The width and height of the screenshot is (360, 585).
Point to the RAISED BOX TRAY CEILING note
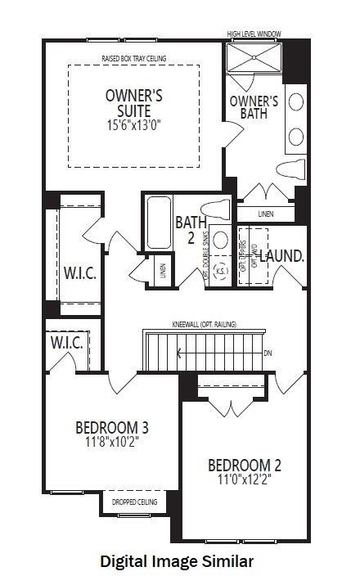pos(133,59)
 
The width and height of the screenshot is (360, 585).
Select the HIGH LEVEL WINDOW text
pos(254,34)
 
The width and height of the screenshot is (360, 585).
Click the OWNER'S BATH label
pos(254,108)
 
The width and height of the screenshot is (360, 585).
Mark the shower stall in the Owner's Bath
pos(254,60)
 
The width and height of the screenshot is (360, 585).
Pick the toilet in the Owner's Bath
pos(290,169)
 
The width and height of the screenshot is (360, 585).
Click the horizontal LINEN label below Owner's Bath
pos(265,214)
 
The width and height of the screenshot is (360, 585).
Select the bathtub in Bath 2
pos(158,223)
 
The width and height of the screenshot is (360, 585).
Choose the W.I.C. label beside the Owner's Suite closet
pos(80,273)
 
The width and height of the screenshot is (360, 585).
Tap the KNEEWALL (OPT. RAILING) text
pos(204,325)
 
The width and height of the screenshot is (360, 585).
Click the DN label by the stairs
pos(268,353)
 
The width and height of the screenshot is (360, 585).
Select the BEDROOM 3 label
pos(111,427)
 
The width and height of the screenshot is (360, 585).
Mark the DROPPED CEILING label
pos(130,502)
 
